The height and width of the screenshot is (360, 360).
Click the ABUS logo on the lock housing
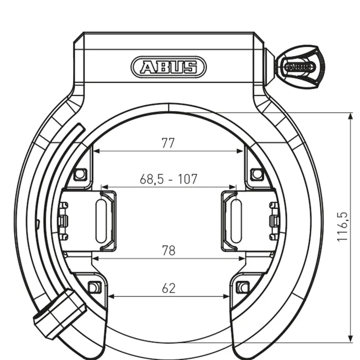click(x=168, y=67)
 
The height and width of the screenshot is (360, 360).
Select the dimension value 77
click(x=168, y=143)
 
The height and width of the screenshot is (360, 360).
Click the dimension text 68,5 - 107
click(x=168, y=179)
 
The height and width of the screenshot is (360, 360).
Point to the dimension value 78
click(x=168, y=251)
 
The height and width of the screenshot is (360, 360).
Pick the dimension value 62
click(x=168, y=288)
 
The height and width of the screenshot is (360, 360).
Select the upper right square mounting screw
click(x=256, y=173)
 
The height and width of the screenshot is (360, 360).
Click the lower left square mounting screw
click(x=94, y=287)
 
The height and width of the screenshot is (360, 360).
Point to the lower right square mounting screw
click(x=243, y=287)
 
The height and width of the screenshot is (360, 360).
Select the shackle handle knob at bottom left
click(x=60, y=313)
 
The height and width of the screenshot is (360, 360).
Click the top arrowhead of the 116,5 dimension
click(x=351, y=117)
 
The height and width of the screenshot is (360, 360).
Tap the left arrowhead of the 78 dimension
click(x=95, y=259)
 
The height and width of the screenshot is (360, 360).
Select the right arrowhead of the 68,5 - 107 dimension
click(x=234, y=186)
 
